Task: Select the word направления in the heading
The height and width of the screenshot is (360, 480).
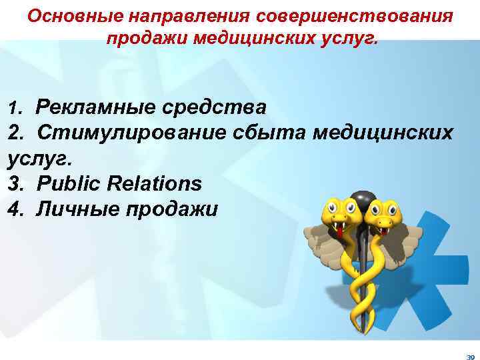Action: point(179,15)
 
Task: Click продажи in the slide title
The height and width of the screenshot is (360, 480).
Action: point(147,37)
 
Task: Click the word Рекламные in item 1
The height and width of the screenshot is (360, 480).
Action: point(91,106)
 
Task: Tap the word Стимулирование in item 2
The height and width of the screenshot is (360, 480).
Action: point(130,132)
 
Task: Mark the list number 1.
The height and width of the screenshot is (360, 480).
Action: point(13,107)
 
